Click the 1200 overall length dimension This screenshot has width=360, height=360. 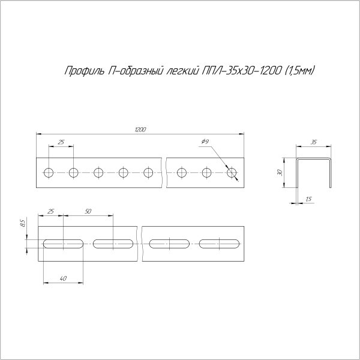(140, 129)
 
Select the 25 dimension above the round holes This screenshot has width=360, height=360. (61, 142)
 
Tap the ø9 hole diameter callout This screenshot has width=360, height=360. (205, 142)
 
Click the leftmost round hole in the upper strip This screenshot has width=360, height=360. (48, 173)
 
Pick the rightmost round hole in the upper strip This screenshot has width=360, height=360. (233, 173)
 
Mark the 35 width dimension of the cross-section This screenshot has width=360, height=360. (314, 142)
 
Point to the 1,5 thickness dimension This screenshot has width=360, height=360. (308, 199)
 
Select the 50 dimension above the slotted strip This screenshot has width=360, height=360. (88, 211)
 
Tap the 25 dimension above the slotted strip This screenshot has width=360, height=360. (50, 211)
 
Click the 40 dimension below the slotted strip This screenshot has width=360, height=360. (63, 277)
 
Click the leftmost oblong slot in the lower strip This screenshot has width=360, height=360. (63, 244)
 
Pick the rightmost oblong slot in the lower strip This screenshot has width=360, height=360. (220, 244)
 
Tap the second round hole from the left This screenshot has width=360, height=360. (73, 173)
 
